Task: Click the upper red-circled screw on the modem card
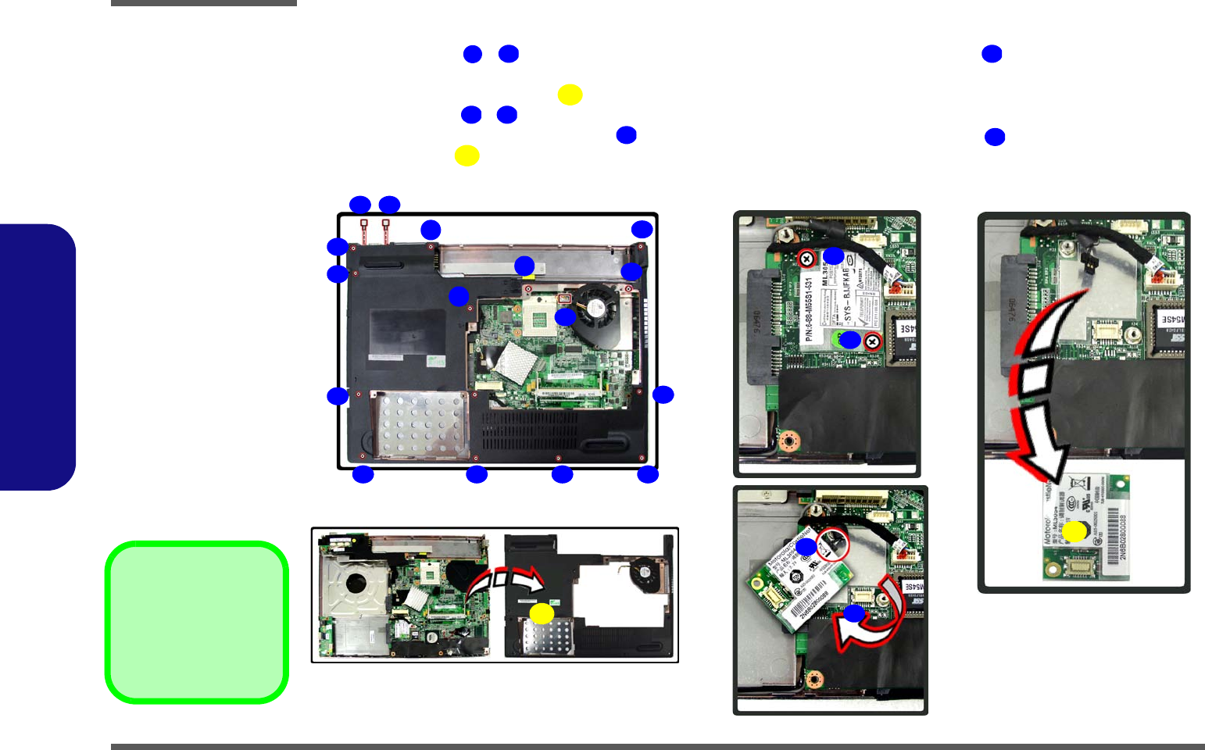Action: click(x=806, y=259)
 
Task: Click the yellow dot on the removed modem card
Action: click(x=1074, y=532)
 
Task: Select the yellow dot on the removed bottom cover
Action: click(x=542, y=613)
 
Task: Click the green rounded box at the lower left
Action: click(x=197, y=623)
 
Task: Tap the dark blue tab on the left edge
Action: click(x=38, y=357)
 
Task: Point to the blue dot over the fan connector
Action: click(x=565, y=316)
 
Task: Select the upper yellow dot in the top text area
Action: click(x=570, y=95)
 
